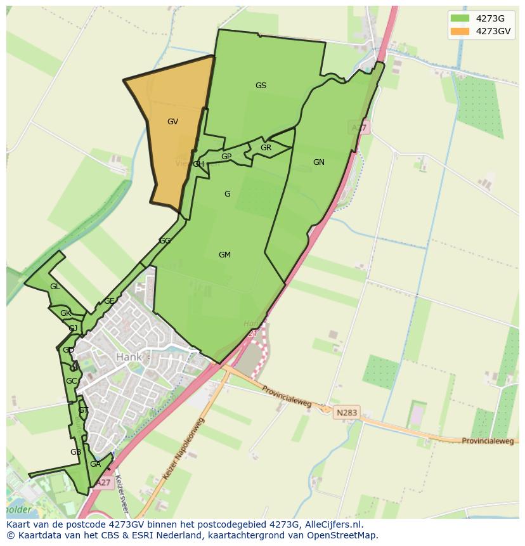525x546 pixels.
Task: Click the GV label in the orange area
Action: tap(172, 122)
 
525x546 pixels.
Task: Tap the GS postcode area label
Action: tap(261, 86)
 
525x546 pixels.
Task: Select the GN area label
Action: tap(318, 162)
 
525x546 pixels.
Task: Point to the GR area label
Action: tap(266, 148)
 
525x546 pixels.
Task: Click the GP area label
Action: tap(226, 157)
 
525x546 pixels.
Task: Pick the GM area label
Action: tap(224, 255)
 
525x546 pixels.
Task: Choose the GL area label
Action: tap(55, 287)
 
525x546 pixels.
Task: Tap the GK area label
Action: tap(65, 313)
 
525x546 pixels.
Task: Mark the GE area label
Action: tap(109, 301)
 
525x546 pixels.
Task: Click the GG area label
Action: tap(165, 241)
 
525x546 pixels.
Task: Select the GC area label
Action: tap(71, 381)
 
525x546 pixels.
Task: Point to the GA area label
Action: tap(95, 464)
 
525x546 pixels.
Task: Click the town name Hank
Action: tap(129, 357)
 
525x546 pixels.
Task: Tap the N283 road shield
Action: tap(347, 412)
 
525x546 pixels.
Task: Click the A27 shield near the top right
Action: tap(360, 128)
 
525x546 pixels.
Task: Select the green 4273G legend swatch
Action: tap(460, 18)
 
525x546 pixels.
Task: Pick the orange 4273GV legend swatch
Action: tap(460, 31)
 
